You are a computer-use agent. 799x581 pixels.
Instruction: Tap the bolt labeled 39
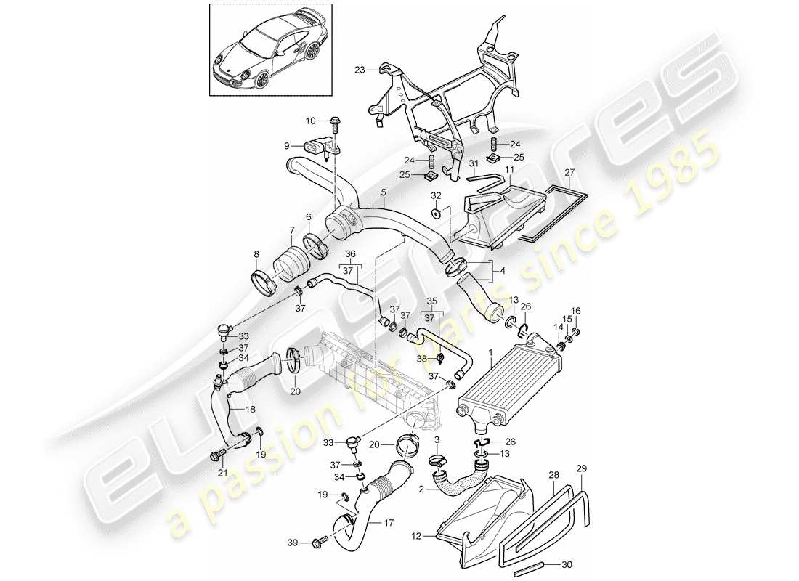click(320, 542)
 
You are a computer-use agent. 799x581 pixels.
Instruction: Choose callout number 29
click(580, 468)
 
